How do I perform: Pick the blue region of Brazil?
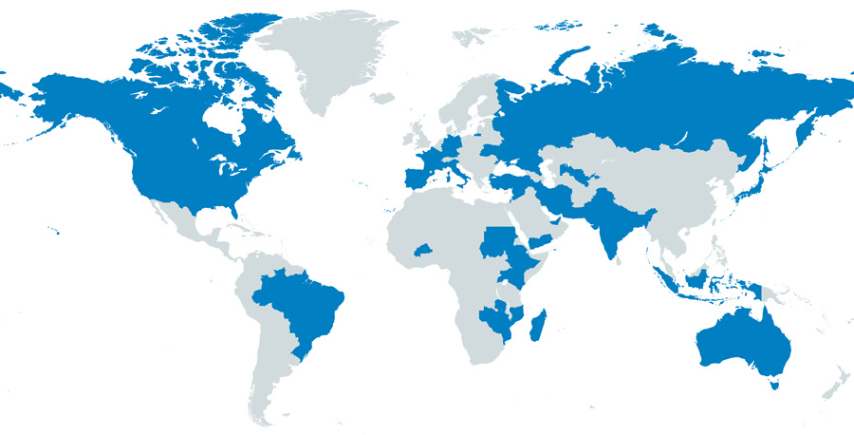299,304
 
